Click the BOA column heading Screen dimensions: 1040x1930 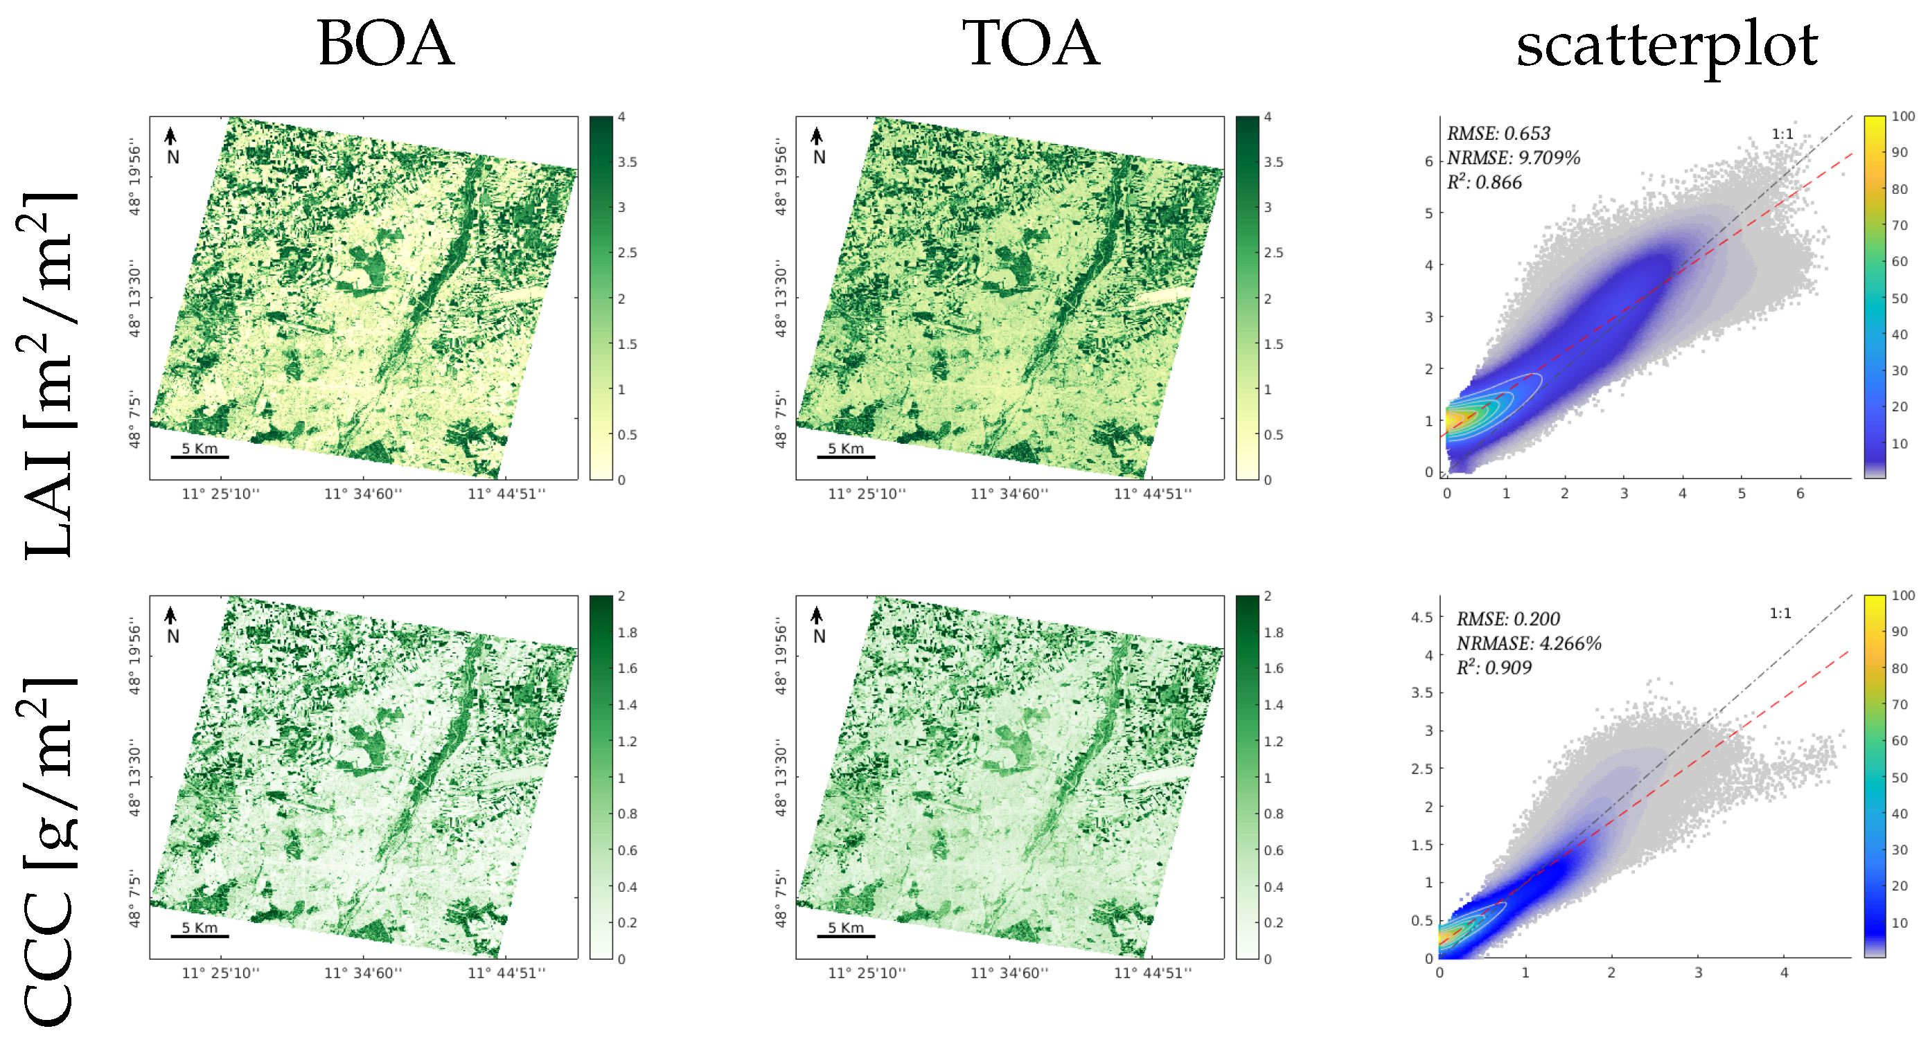tap(385, 44)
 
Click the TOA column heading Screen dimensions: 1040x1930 tap(1031, 44)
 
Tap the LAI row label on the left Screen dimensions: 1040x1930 tap(48, 375)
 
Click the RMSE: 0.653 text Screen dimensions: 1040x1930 tap(1498, 133)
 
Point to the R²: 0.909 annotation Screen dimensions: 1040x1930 tap(1494, 667)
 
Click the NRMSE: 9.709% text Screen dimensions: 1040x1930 tap(1514, 158)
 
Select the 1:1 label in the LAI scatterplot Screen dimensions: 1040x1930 tap(1782, 134)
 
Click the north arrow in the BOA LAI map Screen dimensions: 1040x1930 tap(171, 136)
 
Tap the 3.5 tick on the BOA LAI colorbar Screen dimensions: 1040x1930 tap(627, 162)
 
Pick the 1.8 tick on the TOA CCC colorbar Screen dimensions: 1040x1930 tap(1274, 632)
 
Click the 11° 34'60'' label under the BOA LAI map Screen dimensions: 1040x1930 tap(364, 494)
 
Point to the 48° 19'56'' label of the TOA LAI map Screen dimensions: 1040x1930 tap(781, 177)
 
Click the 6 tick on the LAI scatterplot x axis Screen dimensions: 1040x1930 tap(1800, 494)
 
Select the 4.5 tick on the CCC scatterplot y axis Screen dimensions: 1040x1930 tap(1422, 617)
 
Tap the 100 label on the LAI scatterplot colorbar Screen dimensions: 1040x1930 tap(1903, 116)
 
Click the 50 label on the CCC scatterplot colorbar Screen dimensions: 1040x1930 tap(1900, 777)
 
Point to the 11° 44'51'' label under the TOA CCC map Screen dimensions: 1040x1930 tap(1152, 973)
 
